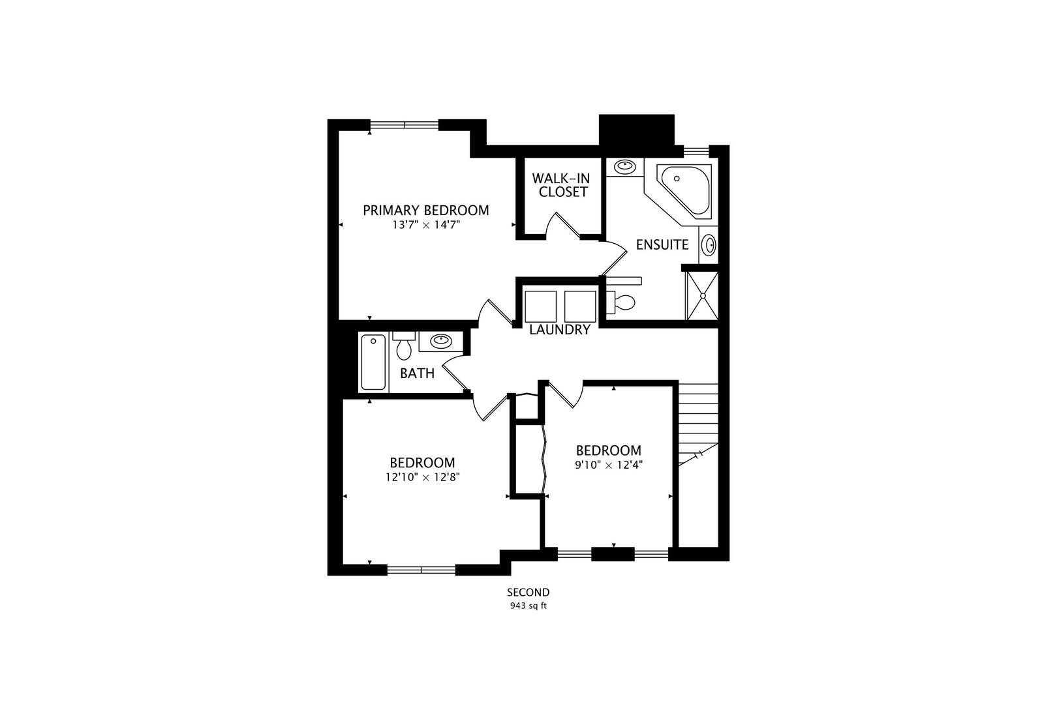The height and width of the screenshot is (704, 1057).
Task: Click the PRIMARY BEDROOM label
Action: [425, 211]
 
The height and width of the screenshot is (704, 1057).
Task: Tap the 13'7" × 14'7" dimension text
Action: [425, 225]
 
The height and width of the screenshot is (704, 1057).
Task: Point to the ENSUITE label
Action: [662, 245]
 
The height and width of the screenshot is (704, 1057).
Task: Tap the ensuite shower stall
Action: [702, 296]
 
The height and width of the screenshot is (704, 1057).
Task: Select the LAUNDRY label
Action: [560, 330]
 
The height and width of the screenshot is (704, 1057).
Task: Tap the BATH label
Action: [417, 374]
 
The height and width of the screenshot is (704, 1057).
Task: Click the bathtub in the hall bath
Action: [373, 362]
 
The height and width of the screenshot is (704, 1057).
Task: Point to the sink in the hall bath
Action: [441, 340]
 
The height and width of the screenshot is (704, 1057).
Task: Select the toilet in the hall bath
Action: [404, 346]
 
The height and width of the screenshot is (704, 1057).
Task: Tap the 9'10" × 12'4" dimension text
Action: [609, 465]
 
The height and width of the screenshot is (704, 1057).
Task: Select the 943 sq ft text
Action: [528, 606]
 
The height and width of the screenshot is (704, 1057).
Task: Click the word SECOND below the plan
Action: [528, 593]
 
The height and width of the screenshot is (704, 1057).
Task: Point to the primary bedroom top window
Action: [405, 125]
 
